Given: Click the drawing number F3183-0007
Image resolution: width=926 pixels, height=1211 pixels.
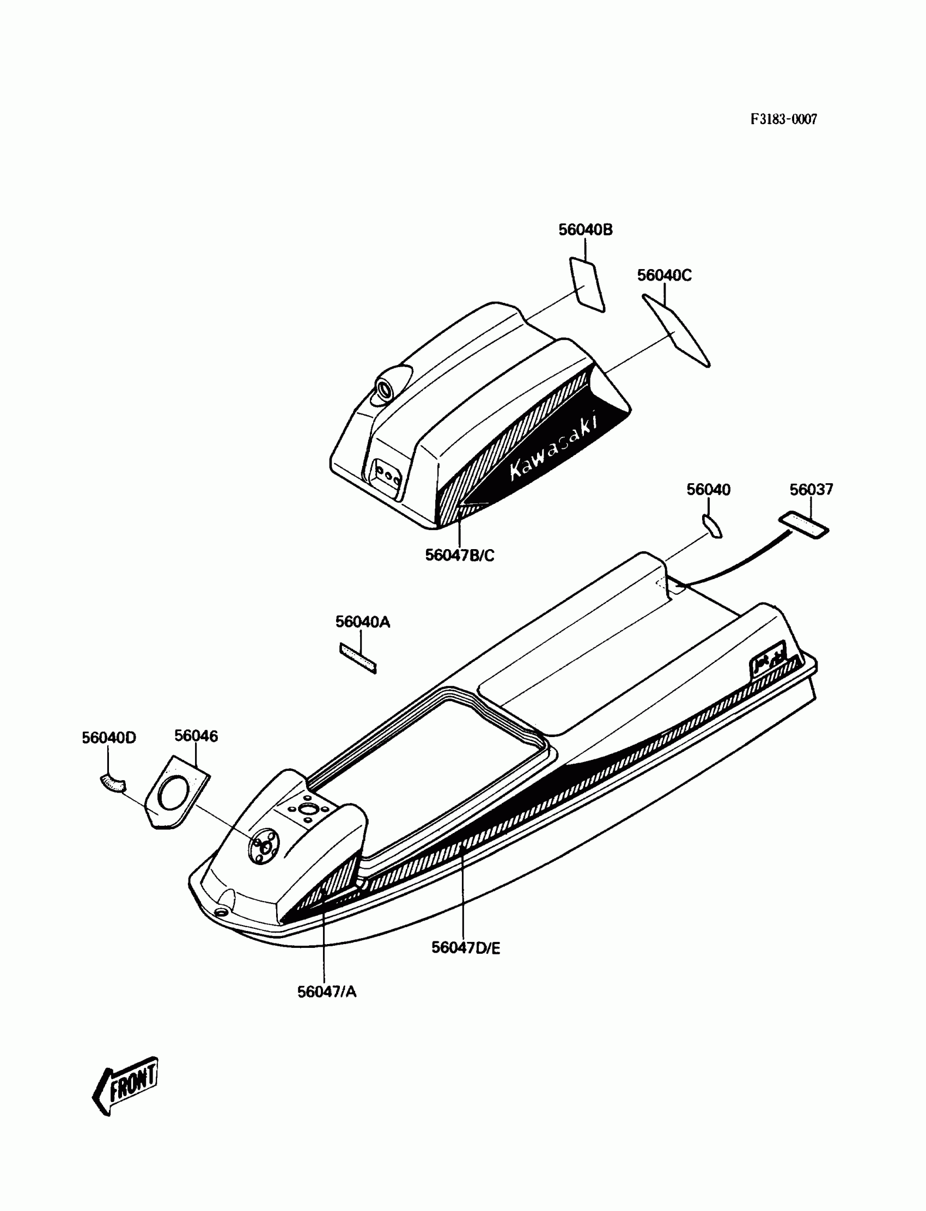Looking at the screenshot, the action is click(x=783, y=119).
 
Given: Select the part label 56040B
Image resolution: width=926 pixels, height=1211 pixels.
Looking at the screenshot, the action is click(x=586, y=230).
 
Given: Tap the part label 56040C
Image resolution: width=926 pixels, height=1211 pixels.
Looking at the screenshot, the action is click(x=664, y=275).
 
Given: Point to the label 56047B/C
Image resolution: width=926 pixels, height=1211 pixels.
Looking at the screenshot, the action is click(x=460, y=555).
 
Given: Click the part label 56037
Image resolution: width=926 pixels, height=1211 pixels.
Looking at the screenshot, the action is click(x=812, y=490).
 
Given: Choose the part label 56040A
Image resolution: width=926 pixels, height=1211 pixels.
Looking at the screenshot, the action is click(x=363, y=622).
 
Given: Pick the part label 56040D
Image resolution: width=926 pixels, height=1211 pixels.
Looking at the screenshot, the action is click(x=108, y=738).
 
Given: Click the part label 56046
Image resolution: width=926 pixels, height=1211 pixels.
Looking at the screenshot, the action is click(x=196, y=736).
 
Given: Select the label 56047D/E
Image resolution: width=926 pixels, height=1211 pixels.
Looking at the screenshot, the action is click(x=466, y=947).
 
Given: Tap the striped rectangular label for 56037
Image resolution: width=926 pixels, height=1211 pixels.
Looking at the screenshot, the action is click(x=803, y=525).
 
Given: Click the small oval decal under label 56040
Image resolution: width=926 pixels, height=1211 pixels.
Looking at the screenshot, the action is click(x=712, y=525).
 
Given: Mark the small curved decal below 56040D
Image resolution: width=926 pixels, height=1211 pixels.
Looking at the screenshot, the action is click(x=112, y=783).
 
